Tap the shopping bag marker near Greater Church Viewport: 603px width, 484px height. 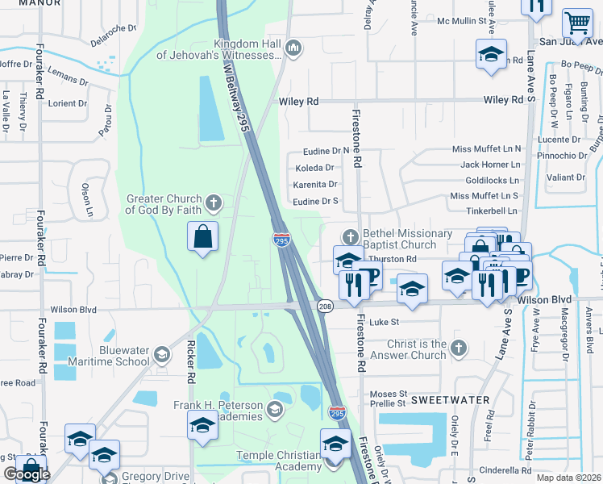pos(203,237)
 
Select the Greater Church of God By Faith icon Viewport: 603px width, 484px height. pos(213,202)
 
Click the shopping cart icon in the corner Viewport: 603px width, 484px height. pos(576,23)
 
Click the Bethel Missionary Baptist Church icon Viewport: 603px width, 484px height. pos(350,237)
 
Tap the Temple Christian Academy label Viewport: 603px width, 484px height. pos(279,461)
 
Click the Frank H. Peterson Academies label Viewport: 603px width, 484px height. pos(218,411)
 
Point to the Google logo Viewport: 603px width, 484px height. pos(27,474)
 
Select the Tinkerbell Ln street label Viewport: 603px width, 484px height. pos(490,211)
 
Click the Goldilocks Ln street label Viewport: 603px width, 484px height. pos(492,180)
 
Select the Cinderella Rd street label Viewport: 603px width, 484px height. pos(502,470)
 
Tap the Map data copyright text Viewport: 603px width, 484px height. pos(569,478)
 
